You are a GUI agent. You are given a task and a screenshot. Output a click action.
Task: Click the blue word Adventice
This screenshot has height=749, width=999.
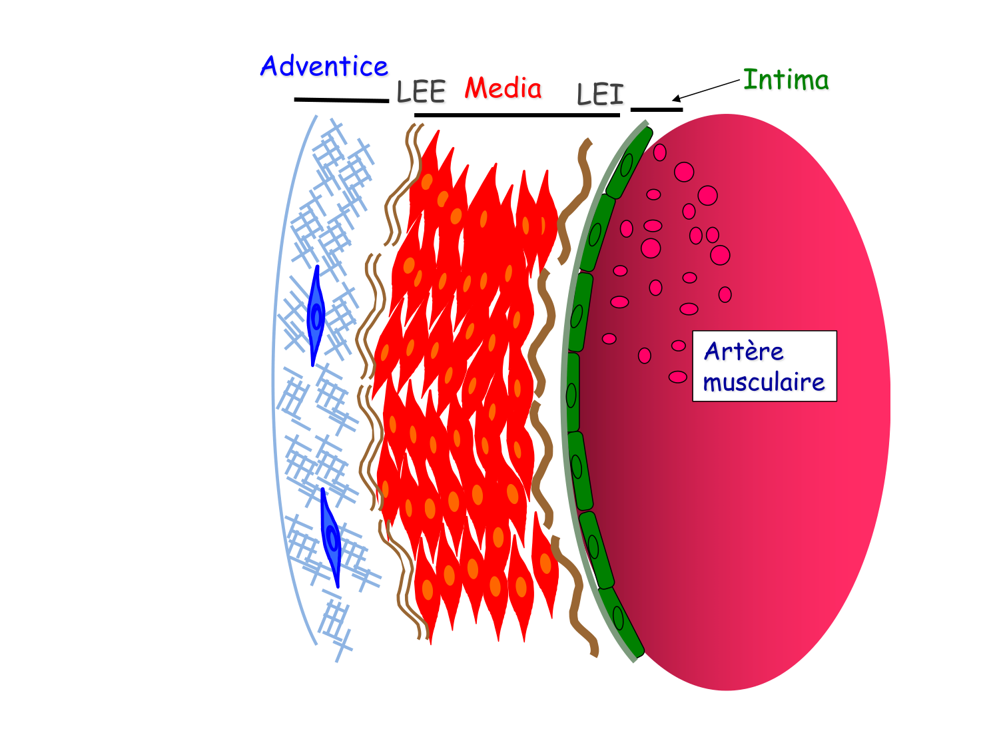coord(324,67)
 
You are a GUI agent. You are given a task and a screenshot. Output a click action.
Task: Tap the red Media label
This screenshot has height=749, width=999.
coord(503,88)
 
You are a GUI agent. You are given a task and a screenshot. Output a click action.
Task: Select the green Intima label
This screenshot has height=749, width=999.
coord(786,80)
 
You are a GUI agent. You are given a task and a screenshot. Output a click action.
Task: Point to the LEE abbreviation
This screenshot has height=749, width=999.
coord(420,92)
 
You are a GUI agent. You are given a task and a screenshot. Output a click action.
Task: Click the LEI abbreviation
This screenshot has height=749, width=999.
coord(600,95)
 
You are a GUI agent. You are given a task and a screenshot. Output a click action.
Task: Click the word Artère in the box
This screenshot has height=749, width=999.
coord(743,351)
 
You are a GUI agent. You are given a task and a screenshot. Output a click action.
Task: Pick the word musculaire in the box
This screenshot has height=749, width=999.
coord(763,382)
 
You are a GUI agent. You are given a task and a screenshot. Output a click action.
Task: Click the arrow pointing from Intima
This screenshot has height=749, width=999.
coord(706,90)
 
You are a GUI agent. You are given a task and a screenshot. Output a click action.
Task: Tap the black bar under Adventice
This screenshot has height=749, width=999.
coord(341,100)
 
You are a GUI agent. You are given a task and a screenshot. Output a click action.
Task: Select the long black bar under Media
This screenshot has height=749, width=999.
coord(517,115)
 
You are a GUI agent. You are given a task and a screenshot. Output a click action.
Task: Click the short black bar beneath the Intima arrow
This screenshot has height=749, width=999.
coord(657,109)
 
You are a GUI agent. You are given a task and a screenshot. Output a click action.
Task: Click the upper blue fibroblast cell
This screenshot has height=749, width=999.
coord(316,316)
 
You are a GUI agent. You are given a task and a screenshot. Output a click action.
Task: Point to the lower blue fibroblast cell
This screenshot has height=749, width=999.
coord(331,538)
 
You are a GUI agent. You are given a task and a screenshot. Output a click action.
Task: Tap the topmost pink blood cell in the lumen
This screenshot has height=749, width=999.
coord(659,152)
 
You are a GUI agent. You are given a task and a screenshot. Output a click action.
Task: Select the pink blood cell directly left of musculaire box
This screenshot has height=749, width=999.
coord(678,377)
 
